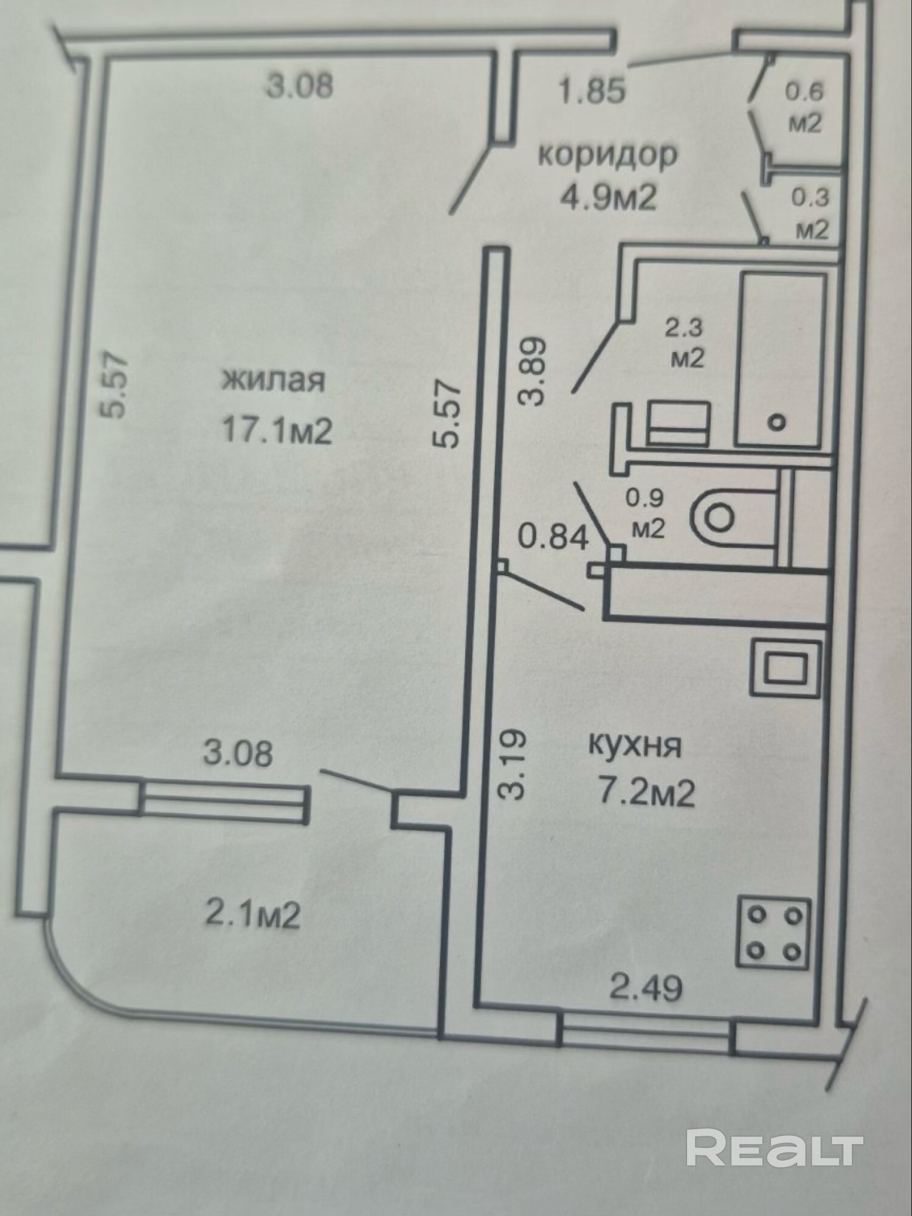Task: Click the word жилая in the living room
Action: [x=273, y=381]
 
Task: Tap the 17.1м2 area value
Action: [x=277, y=431]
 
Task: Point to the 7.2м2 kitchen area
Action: [x=647, y=793]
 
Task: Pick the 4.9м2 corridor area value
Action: [x=609, y=198]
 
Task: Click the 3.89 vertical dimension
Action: [x=530, y=371]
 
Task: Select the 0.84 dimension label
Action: [x=553, y=538]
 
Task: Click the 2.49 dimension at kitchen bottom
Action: [x=646, y=987]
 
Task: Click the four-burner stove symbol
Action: [x=773, y=933]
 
